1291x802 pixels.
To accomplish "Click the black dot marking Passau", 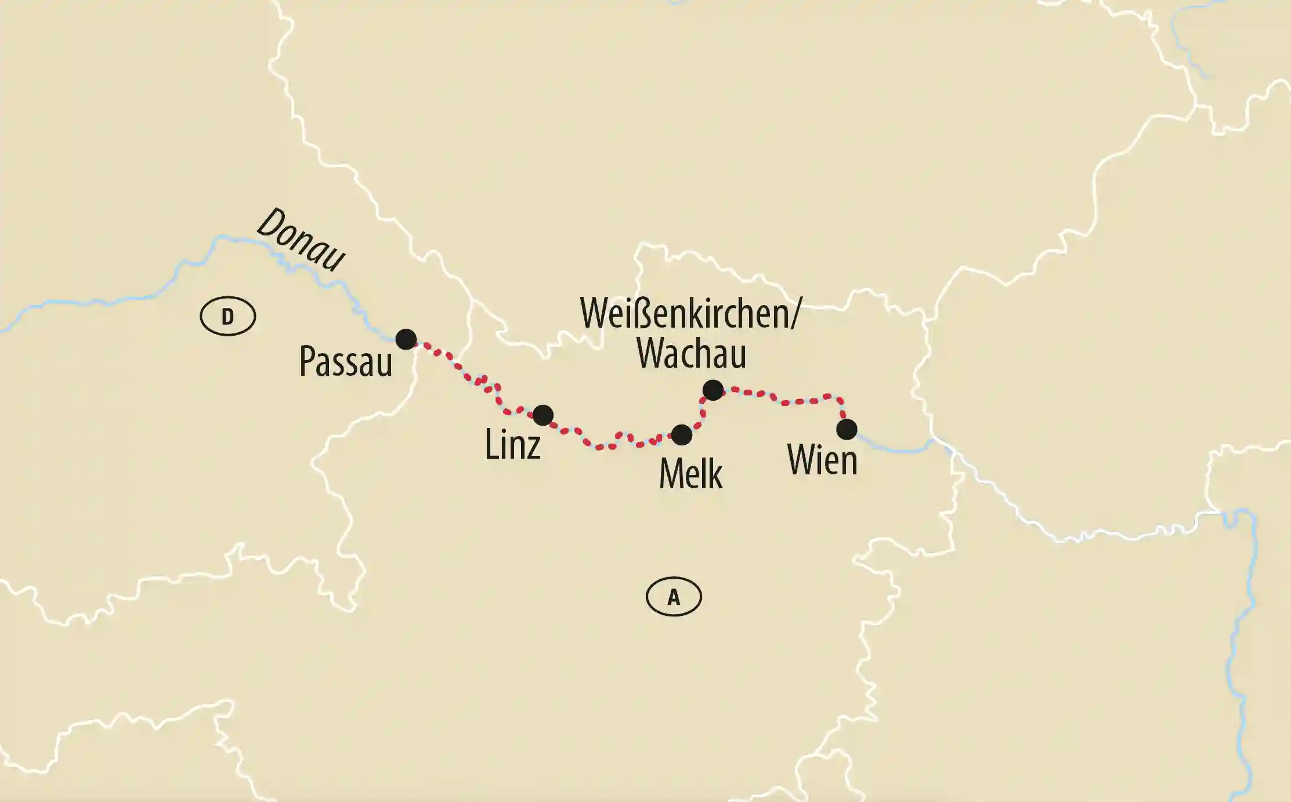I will pos(406,339).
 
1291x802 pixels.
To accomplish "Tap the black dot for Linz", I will pos(543,415).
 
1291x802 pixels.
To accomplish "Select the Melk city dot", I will pos(681,434).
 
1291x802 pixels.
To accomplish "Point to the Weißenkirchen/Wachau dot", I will pos(713,390).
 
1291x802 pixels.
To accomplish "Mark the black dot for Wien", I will pos(847,429).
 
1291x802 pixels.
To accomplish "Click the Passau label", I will pos(346,362).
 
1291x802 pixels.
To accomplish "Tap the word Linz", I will pos(513,445).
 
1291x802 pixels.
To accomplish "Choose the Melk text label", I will pos(690,474).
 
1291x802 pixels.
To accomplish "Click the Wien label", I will pos(822,460).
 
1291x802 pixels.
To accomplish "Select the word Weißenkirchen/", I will pos(690,314).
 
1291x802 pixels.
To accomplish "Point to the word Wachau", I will pos(691,353).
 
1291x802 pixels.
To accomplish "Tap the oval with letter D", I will pos(227,316).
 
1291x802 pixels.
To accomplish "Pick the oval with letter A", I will pos(674,597).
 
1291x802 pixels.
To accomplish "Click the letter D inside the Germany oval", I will pos(227,317).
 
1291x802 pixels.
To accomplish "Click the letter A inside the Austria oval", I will pos(674,597).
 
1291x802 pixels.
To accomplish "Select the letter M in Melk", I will pos(671,474).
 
